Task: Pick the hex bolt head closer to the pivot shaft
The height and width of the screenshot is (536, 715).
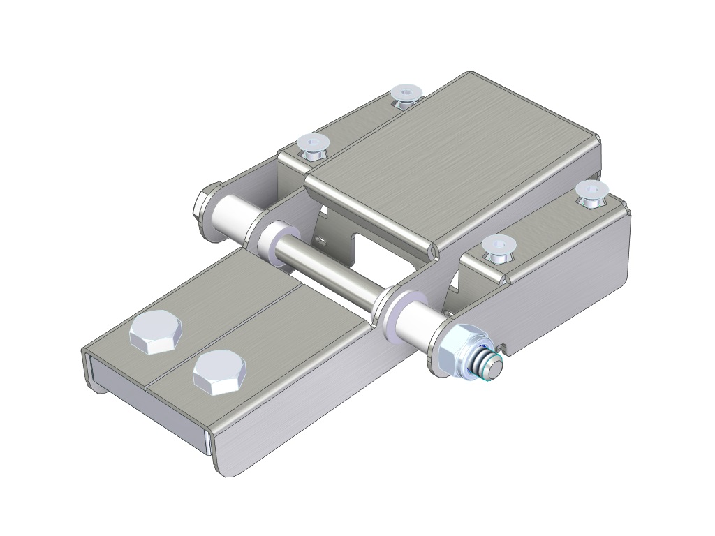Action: [x=219, y=371]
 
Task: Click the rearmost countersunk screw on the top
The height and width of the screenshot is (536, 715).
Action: [x=404, y=95]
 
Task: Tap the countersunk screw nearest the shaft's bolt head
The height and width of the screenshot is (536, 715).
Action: [x=314, y=144]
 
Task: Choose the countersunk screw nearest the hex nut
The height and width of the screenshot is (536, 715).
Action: [x=497, y=247]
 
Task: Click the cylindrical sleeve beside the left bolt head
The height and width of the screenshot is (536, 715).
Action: [x=230, y=216]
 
